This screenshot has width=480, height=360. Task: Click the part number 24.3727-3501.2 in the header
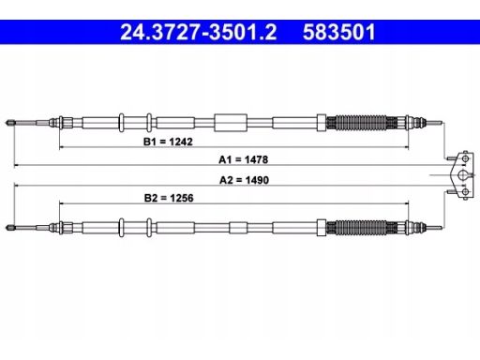click(199, 32)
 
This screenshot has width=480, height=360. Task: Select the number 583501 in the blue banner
click(338, 32)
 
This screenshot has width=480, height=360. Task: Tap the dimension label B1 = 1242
click(168, 142)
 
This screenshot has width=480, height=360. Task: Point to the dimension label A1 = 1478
click(244, 159)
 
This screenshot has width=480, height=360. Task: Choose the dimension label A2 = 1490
click(244, 180)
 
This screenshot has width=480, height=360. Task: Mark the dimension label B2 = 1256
click(169, 198)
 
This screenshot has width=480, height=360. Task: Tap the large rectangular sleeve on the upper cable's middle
click(231, 123)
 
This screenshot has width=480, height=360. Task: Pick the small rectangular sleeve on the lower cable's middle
click(238, 228)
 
